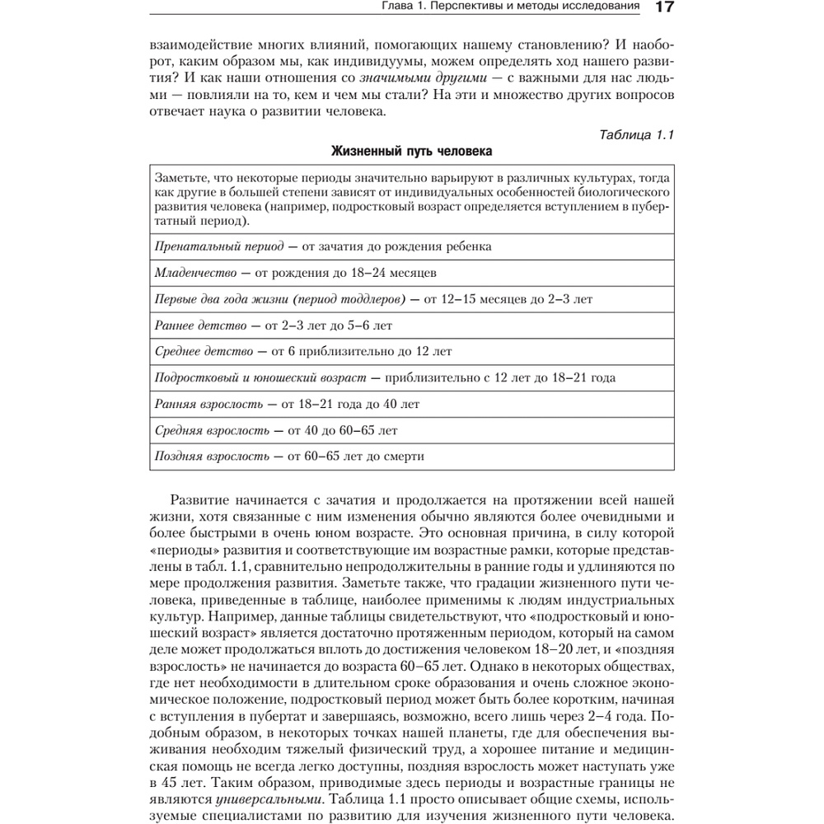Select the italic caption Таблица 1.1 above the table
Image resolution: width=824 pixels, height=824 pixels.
[635, 135]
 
